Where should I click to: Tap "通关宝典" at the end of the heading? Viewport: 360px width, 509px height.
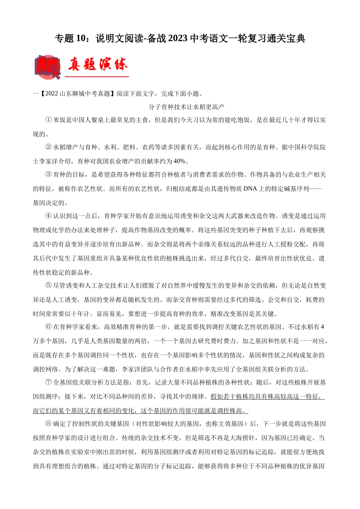click(x=291, y=39)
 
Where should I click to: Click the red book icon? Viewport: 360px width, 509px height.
click(x=47, y=67)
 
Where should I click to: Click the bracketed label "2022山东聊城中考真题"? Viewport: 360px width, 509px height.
click(x=78, y=94)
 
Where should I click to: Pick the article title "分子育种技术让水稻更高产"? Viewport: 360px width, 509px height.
click(x=187, y=107)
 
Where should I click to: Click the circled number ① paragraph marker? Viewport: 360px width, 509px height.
click(x=48, y=120)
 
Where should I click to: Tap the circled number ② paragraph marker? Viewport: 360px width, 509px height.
click(x=48, y=147)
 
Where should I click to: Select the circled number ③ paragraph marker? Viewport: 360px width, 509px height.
click(x=48, y=175)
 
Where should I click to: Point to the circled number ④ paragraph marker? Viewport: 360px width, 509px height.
click(x=48, y=216)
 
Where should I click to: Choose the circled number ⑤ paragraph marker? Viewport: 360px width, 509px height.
click(x=48, y=286)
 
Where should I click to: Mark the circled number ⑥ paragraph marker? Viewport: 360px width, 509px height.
click(x=48, y=327)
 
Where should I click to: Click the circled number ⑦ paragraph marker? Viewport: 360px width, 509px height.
click(x=48, y=383)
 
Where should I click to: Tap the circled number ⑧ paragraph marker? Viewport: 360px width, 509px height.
click(x=48, y=424)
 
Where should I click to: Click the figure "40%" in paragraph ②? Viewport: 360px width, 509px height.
click(x=179, y=161)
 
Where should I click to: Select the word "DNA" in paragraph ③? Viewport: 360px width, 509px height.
click(x=250, y=189)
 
